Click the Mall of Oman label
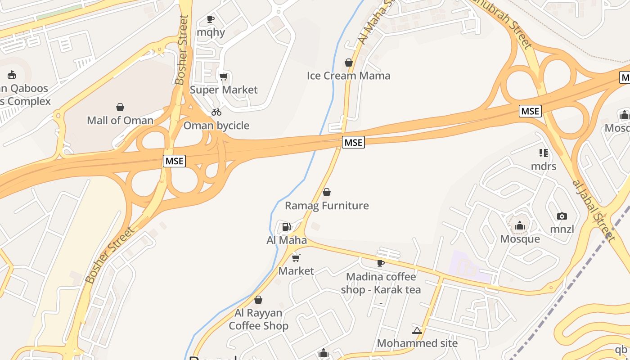click(x=120, y=120)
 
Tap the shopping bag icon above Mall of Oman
click(x=120, y=107)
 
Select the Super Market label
click(x=224, y=90)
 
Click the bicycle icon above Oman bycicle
click(x=216, y=112)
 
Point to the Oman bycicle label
click(x=216, y=126)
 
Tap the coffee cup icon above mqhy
click(x=210, y=19)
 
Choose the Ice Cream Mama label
click(x=348, y=76)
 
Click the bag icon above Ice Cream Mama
click(x=348, y=63)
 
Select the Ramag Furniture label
click(x=327, y=206)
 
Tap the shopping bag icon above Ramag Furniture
click(x=327, y=193)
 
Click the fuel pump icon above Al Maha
click(x=286, y=227)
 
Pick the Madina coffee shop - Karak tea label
click(x=381, y=283)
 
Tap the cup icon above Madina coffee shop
click(x=381, y=263)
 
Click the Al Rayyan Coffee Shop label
click(x=258, y=319)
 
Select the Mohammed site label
click(x=417, y=343)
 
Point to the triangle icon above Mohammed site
click(x=417, y=331)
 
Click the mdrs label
click(x=544, y=166)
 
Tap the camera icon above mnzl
click(x=562, y=216)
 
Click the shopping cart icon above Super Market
click(x=224, y=76)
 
